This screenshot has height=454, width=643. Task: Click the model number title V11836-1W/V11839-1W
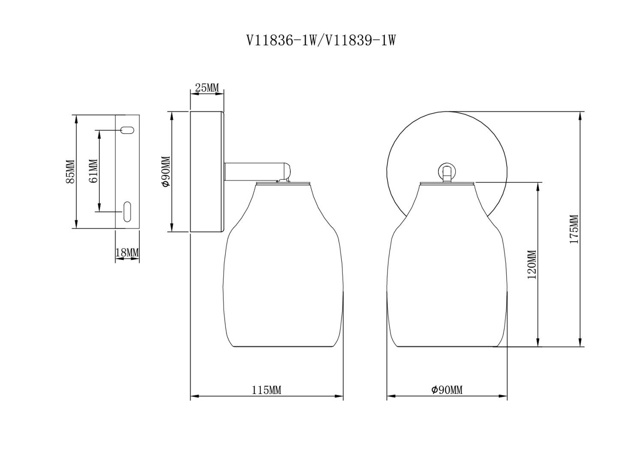point(321,41)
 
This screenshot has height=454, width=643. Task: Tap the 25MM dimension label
point(207,88)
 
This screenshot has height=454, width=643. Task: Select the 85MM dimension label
point(70,172)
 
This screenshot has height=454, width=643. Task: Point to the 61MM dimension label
point(93,170)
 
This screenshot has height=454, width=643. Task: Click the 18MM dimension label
point(127,253)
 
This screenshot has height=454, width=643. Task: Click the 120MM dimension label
point(532,265)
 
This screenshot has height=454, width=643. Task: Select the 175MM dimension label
point(574,230)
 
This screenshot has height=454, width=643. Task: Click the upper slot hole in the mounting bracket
point(128,130)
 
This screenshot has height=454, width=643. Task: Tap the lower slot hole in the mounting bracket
point(127,212)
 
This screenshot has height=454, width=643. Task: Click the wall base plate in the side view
point(206,172)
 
